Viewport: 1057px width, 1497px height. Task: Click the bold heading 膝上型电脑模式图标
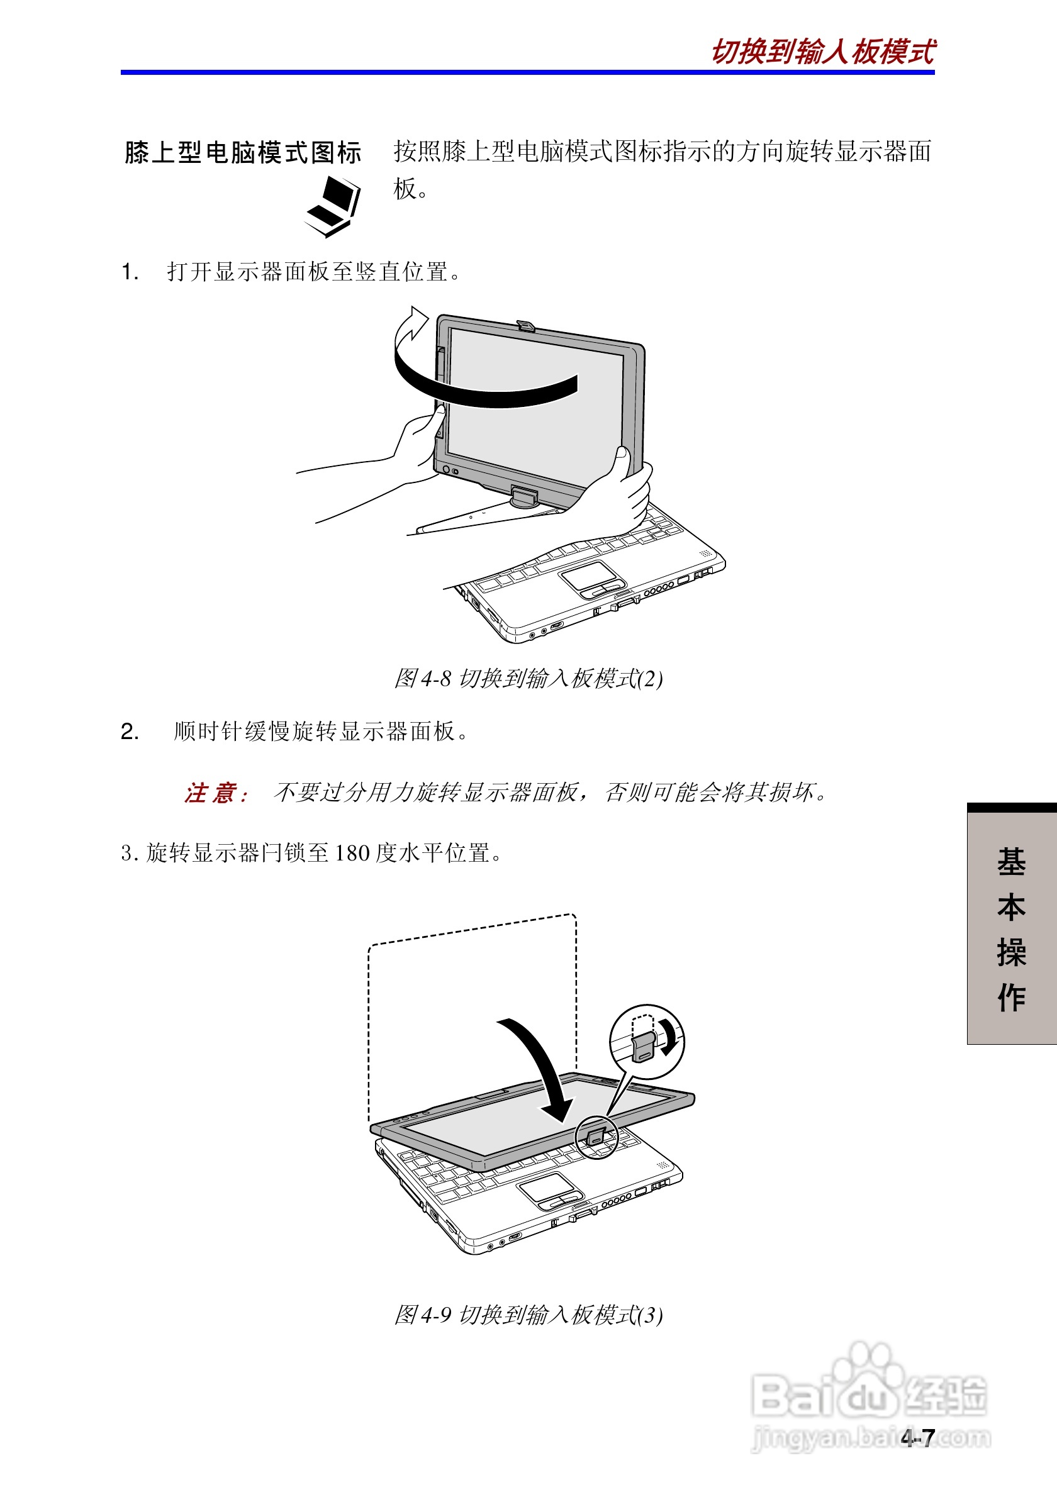click(x=243, y=153)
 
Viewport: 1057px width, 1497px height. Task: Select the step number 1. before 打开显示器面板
click(x=130, y=272)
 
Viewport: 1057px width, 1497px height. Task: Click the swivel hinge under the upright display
click(x=524, y=497)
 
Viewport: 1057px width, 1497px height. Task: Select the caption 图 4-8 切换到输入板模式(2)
click(x=528, y=679)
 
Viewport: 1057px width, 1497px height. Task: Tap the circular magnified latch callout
click(x=646, y=1042)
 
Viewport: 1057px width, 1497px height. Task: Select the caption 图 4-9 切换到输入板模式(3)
click(x=528, y=1315)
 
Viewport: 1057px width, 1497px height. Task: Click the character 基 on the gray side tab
click(x=1011, y=862)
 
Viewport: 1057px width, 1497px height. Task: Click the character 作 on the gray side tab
click(x=1011, y=998)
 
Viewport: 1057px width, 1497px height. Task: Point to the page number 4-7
click(x=918, y=1438)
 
